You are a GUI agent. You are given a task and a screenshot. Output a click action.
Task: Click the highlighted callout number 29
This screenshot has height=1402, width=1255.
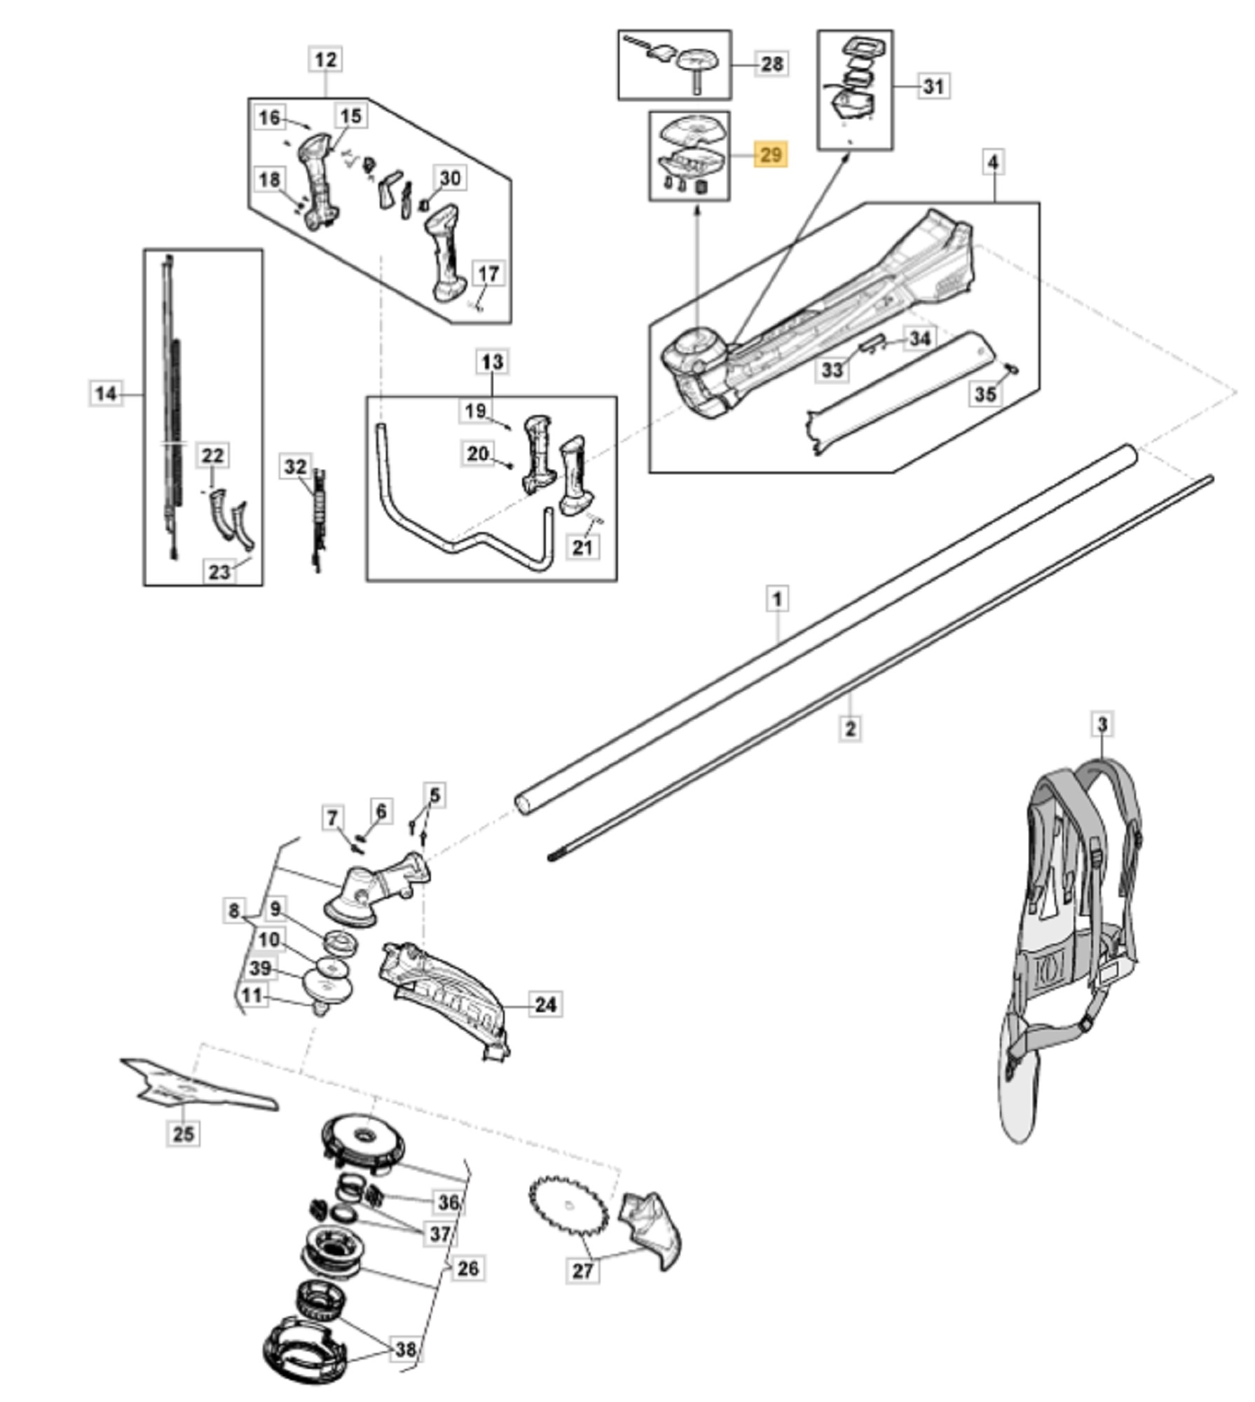[x=770, y=154]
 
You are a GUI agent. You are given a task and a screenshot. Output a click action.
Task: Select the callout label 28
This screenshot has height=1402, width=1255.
[x=771, y=64]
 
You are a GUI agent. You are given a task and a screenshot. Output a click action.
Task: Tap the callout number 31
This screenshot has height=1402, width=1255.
[x=933, y=86]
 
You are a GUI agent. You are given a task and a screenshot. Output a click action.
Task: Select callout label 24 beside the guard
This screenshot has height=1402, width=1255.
[x=545, y=1005]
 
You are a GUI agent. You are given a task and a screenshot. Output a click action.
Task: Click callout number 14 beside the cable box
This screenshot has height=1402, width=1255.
[x=105, y=393]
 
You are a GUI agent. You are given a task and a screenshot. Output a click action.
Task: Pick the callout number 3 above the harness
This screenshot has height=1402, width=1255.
[x=1102, y=724]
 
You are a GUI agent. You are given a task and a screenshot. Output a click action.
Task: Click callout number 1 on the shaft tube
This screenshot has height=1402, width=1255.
[x=776, y=599]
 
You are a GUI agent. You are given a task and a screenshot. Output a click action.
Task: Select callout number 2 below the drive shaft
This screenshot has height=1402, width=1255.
[x=849, y=728]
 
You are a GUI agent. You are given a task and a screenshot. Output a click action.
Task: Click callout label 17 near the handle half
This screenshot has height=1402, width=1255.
[x=488, y=273]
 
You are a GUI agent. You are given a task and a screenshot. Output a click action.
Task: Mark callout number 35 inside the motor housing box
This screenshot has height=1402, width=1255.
[x=985, y=393]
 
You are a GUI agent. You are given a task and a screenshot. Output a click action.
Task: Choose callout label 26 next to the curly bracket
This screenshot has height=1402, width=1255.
[x=467, y=1267]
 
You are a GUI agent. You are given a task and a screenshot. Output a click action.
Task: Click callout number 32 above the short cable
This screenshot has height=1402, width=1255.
[x=296, y=467]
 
